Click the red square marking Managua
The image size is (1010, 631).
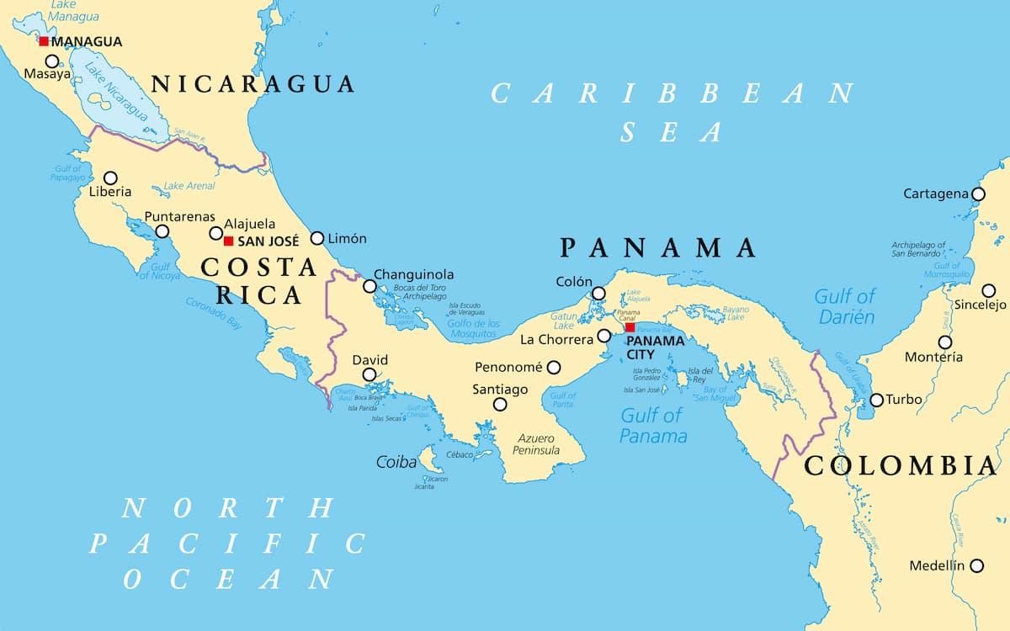point(44,41)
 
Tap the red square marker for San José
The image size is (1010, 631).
point(228,241)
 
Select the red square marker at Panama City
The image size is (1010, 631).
point(630,327)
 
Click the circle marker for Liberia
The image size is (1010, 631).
point(110,178)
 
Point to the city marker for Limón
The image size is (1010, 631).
point(317,238)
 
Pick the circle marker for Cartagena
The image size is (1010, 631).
point(977,194)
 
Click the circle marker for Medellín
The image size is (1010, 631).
point(976,566)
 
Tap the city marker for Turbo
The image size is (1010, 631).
point(876,400)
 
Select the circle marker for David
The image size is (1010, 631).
point(369,374)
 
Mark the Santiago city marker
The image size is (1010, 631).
point(500,404)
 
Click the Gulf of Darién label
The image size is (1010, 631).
point(844,306)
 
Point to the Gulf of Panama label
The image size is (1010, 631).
point(653,425)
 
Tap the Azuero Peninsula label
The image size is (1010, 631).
point(536,444)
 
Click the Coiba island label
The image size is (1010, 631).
point(396,462)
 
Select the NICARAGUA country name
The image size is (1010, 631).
point(252,84)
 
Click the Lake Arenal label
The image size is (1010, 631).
point(189,186)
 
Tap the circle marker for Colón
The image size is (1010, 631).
point(598,294)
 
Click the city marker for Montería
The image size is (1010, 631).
point(945,342)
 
